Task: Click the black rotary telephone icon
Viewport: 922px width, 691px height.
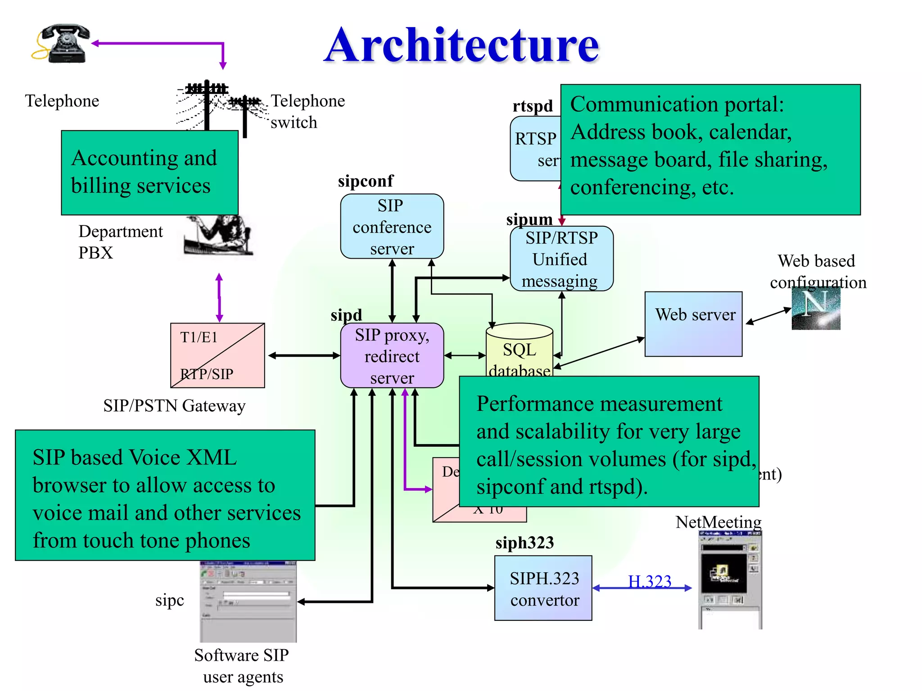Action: tap(63, 43)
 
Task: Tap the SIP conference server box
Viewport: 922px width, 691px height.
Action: tap(392, 226)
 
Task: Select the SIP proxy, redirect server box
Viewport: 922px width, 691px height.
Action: tap(392, 355)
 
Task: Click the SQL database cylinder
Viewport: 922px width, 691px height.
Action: tap(519, 351)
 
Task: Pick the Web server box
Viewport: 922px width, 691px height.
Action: tap(693, 324)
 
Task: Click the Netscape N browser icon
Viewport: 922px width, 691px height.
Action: tap(816, 309)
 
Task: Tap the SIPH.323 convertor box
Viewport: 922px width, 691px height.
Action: tap(543, 588)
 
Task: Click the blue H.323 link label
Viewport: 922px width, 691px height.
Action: tap(649, 581)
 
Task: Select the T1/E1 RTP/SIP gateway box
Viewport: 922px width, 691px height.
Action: tap(217, 355)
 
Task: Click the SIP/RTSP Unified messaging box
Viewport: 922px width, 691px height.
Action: tap(561, 259)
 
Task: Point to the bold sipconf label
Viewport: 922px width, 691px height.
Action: tap(366, 181)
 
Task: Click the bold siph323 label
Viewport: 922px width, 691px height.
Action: tap(524, 543)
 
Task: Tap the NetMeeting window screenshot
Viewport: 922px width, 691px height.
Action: tap(730, 580)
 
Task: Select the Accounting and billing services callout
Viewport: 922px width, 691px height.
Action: tap(149, 172)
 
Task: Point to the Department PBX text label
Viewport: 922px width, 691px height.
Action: tap(120, 242)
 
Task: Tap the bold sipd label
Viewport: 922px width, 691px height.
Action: tap(346, 315)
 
